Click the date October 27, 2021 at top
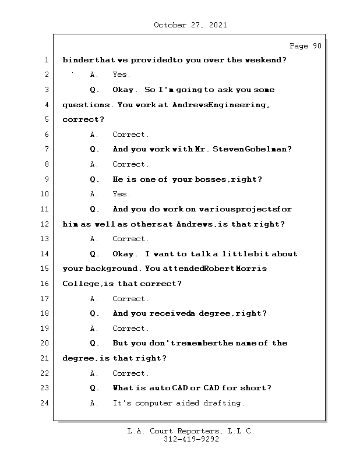190,25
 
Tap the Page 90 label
305,46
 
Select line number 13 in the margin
46,239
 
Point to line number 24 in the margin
46,403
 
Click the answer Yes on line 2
121,75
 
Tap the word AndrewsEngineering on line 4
221,105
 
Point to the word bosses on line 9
209,179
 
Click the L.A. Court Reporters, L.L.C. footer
190,431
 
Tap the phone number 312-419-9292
190,440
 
